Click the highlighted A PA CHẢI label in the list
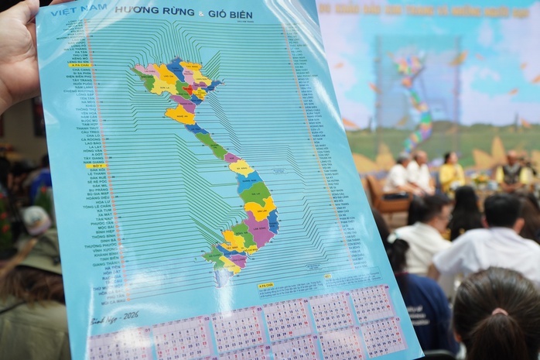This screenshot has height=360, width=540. [79, 65]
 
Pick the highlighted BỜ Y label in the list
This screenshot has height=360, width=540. [95, 166]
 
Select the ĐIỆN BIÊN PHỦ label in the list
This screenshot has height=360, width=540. [80, 77]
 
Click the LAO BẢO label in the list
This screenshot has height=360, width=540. [92, 143]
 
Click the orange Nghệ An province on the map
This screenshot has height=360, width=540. [180, 116]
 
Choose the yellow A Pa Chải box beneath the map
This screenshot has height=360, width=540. [265, 286]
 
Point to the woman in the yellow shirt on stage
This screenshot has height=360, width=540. [451, 174]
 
